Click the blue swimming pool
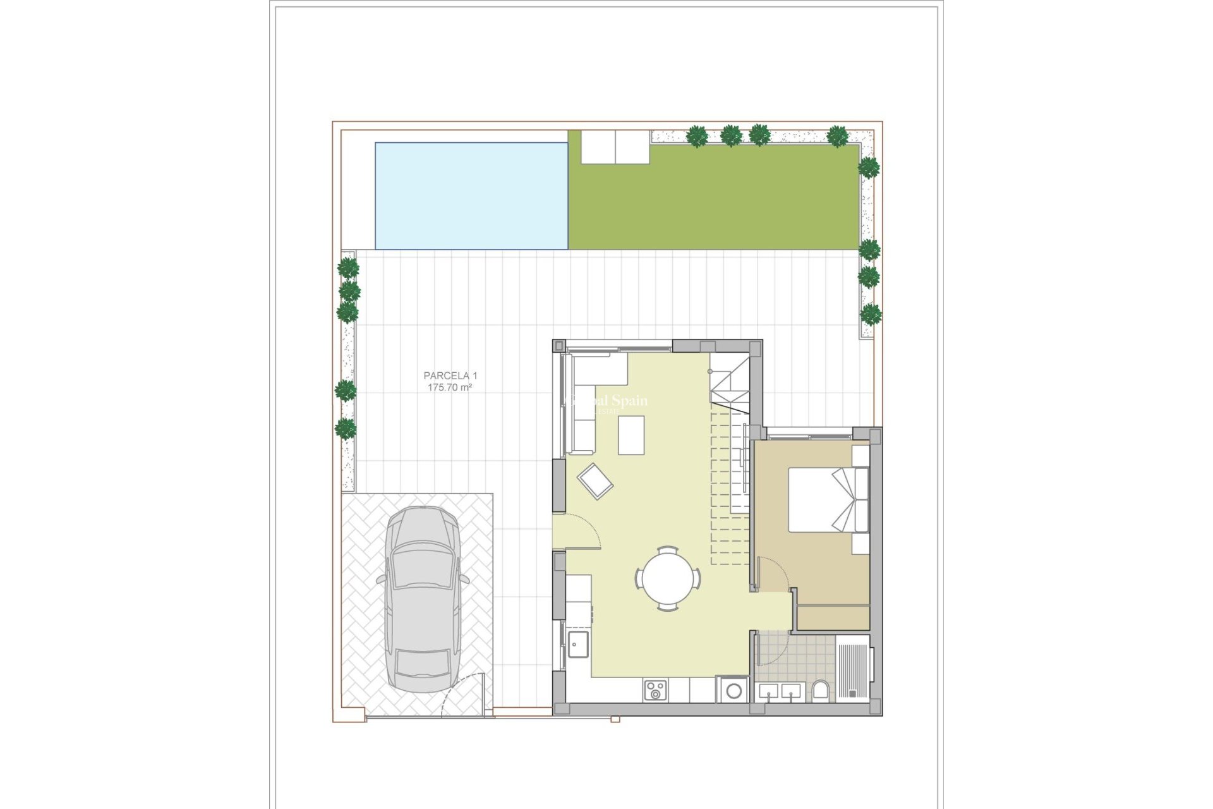click(x=471, y=196)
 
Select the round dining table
click(x=668, y=578)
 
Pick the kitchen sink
click(x=577, y=644)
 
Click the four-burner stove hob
click(x=655, y=690)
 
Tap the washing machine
click(x=733, y=690)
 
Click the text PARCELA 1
click(x=450, y=375)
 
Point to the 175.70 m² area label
click(x=450, y=387)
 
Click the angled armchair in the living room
click(x=594, y=481)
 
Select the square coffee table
click(x=631, y=435)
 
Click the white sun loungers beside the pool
click(x=615, y=147)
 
